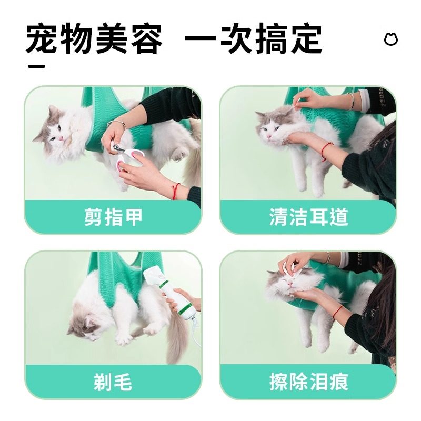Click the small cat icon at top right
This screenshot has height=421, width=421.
point(390,39)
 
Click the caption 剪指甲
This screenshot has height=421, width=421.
point(113,217)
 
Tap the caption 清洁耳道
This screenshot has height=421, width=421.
point(308,217)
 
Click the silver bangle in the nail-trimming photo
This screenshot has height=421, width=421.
point(117,124)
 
